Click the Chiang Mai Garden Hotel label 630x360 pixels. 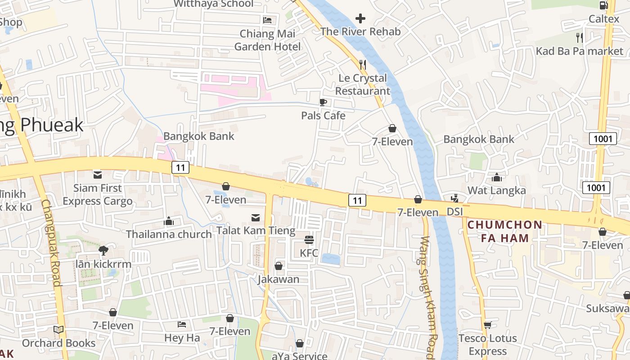tap(267, 40)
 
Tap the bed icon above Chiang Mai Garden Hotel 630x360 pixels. tap(267, 20)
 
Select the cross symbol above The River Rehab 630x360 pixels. tap(360, 18)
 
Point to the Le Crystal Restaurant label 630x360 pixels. tap(363, 85)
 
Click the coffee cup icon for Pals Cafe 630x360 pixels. tap(323, 102)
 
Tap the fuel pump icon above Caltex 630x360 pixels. tap(603, 5)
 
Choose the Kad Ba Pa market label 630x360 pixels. tap(579, 51)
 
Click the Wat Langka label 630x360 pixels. tap(496, 190)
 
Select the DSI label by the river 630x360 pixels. tap(455, 211)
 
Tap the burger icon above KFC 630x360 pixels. tap(309, 239)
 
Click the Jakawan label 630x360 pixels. tap(279, 279)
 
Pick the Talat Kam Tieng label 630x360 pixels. tap(256, 231)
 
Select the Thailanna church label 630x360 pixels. tap(169, 234)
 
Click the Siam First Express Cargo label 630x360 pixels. tap(98, 194)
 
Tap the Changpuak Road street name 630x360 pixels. tap(51, 243)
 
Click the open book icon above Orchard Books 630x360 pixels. tap(58, 330)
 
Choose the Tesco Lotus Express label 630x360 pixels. tap(487, 345)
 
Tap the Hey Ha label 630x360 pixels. tap(182, 337)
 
